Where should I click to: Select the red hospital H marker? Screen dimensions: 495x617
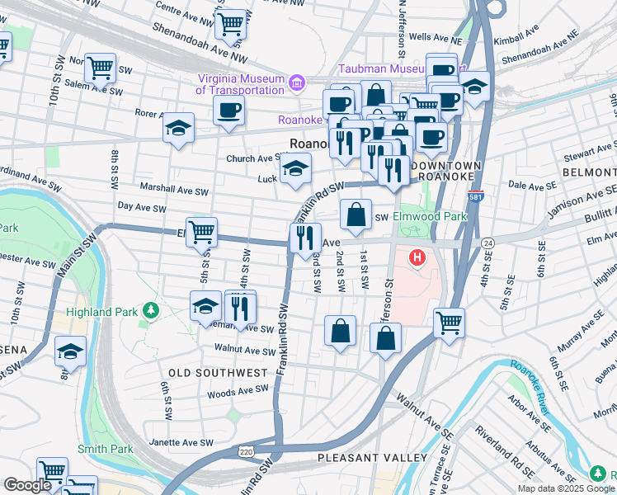click(x=417, y=258)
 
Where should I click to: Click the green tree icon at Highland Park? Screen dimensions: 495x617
click(x=150, y=310)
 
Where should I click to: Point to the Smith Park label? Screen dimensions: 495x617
click(x=105, y=450)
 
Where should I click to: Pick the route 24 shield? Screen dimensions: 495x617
click(x=488, y=243)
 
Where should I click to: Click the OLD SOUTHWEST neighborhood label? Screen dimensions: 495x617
click(x=218, y=373)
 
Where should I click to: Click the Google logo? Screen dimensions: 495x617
click(x=27, y=485)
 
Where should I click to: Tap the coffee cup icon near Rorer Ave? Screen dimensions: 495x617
click(x=228, y=109)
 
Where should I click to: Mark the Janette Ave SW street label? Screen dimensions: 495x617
click(x=182, y=443)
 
